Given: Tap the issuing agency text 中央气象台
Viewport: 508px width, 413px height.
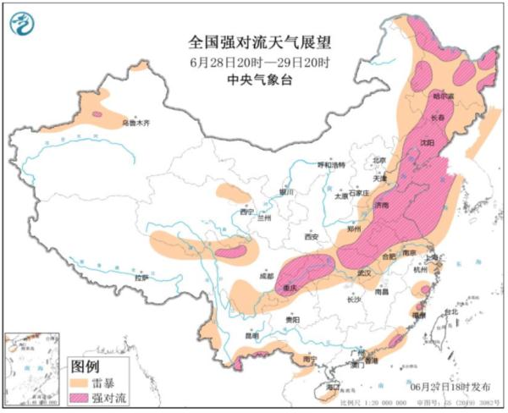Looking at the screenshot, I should [253, 80].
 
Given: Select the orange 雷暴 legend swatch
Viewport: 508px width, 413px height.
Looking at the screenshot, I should [79, 382].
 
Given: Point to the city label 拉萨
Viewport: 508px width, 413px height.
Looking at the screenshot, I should [141, 277].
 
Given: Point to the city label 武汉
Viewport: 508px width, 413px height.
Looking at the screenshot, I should [365, 273].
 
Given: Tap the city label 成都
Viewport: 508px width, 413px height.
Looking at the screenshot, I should [267, 276].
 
